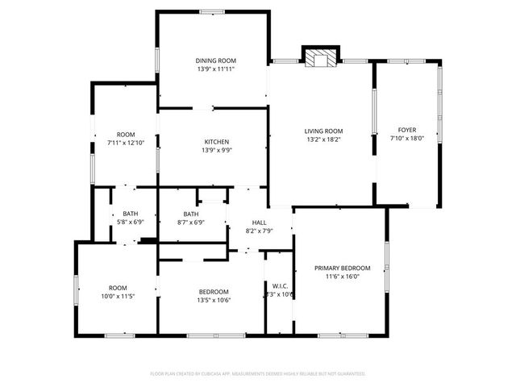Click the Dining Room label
(216, 60)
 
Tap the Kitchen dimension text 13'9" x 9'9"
(216, 150)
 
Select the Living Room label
(323, 131)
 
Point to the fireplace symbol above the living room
(321, 57)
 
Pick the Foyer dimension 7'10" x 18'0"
(407, 139)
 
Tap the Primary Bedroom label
(343, 268)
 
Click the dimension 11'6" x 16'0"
(343, 277)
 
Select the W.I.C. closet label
(281, 285)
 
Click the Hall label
(259, 223)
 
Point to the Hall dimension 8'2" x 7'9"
(259, 231)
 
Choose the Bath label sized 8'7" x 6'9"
(190, 214)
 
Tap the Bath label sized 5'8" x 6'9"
(131, 214)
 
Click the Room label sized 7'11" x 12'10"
(125, 134)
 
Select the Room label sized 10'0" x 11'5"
(119, 288)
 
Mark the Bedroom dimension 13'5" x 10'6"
(214, 300)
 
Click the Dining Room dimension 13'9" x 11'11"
(216, 69)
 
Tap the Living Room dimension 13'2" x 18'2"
(323, 139)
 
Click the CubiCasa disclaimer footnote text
(258, 373)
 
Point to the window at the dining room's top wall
(212, 11)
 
